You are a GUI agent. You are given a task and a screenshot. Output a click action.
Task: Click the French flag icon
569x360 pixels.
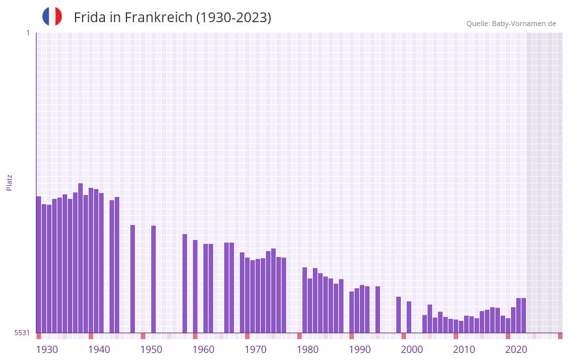click(52, 16)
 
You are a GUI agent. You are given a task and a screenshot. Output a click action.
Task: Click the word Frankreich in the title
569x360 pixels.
click(156, 18)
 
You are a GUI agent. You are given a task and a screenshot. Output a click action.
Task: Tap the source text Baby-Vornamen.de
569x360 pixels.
click(523, 23)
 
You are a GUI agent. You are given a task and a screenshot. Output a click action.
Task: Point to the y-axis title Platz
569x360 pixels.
click(9, 182)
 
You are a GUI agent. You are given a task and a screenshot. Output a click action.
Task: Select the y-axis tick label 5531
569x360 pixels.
click(22, 333)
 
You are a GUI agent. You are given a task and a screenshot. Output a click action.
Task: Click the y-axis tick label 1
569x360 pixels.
click(27, 33)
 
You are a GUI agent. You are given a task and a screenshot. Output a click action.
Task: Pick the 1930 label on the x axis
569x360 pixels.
click(47, 350)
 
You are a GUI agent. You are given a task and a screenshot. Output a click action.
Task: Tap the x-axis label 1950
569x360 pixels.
click(151, 350)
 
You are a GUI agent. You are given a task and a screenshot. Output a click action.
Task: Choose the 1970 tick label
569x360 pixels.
click(255, 350)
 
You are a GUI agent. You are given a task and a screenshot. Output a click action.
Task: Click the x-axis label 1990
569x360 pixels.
click(360, 350)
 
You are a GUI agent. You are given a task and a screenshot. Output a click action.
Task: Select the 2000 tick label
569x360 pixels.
click(412, 350)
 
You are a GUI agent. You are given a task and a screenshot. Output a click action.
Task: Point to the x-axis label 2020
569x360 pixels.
click(516, 350)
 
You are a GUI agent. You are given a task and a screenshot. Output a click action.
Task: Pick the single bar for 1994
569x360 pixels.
click(378, 309)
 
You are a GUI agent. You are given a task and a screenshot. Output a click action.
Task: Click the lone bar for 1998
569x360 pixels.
click(399, 314)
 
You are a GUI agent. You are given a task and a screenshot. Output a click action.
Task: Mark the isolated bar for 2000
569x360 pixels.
click(409, 317)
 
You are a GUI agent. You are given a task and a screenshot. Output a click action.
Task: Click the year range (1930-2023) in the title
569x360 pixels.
click(233, 18)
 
